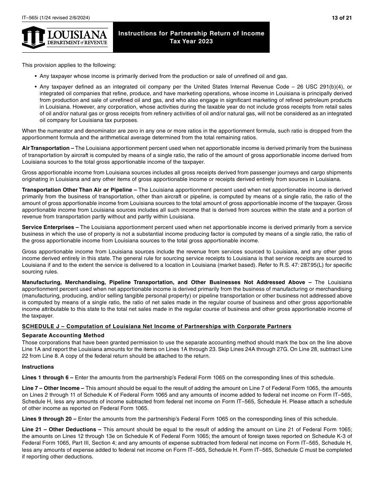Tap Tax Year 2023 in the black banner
tap(191, 41)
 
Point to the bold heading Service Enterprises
tap(48, 227)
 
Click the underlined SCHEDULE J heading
tap(157, 326)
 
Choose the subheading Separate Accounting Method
tap(63, 335)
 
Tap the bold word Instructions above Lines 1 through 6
tap(38, 367)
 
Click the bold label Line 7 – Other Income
tap(50, 388)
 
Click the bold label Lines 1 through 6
tap(45, 377)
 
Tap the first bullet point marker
tap(36, 76)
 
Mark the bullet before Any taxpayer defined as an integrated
tap(36, 87)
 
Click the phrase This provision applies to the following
tap(69, 65)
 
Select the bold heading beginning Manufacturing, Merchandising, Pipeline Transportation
tap(163, 282)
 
